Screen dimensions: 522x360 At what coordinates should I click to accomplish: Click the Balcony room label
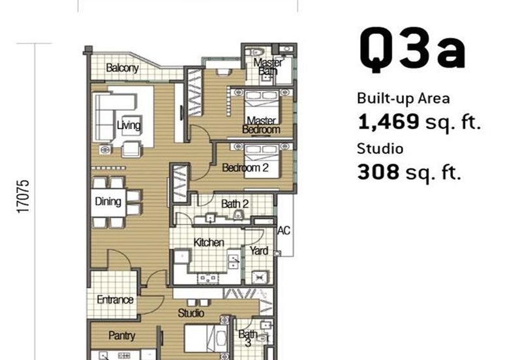(122, 68)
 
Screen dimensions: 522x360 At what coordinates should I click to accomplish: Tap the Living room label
(129, 125)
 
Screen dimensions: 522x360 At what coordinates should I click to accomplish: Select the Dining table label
(108, 202)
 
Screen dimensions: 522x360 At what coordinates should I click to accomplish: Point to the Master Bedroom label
(262, 125)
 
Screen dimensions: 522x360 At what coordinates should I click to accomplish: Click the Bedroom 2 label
(245, 168)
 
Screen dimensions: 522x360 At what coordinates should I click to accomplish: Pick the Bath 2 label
(235, 203)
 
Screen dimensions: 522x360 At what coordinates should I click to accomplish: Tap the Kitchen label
(209, 242)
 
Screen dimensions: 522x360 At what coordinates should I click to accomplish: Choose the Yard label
(259, 250)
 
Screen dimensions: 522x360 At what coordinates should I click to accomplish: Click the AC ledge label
(284, 230)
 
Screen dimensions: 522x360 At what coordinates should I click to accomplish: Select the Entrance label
(115, 300)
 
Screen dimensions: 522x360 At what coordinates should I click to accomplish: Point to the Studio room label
(191, 313)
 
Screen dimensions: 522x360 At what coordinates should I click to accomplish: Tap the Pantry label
(122, 335)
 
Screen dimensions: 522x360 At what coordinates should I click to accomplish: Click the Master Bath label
(268, 67)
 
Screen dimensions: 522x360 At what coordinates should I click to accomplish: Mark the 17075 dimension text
(23, 196)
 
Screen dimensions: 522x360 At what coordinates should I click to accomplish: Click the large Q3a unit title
(412, 50)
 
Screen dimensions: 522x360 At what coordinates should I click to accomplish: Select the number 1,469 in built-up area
(388, 121)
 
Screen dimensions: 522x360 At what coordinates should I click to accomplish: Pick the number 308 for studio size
(378, 172)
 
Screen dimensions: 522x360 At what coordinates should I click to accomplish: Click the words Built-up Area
(403, 99)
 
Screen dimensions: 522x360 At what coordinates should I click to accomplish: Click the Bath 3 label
(248, 338)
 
